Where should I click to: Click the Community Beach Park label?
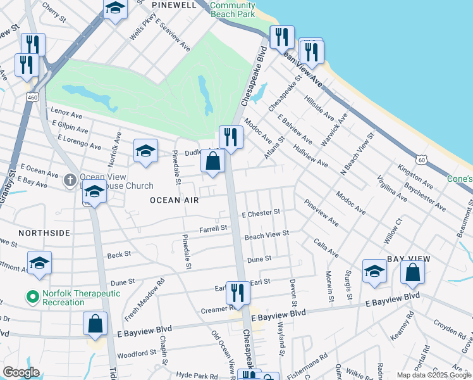pos(233,9)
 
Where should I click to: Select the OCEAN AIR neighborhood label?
pos(174,200)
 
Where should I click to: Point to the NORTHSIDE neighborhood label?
pos(44,233)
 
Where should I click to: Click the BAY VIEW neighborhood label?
pos(408,259)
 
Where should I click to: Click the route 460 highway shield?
pos(32,98)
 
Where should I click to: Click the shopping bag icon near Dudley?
pos(213,162)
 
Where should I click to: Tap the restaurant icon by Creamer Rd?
pos(238,293)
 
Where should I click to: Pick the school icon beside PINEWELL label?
pos(115,9)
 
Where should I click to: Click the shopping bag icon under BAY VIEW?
pos(412,272)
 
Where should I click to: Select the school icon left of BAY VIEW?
pos(374,272)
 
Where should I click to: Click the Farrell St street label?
pos(213,229)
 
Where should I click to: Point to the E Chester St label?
pos(261,214)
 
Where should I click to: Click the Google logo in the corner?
pos(21,372)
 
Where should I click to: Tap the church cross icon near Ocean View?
pos(70,180)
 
